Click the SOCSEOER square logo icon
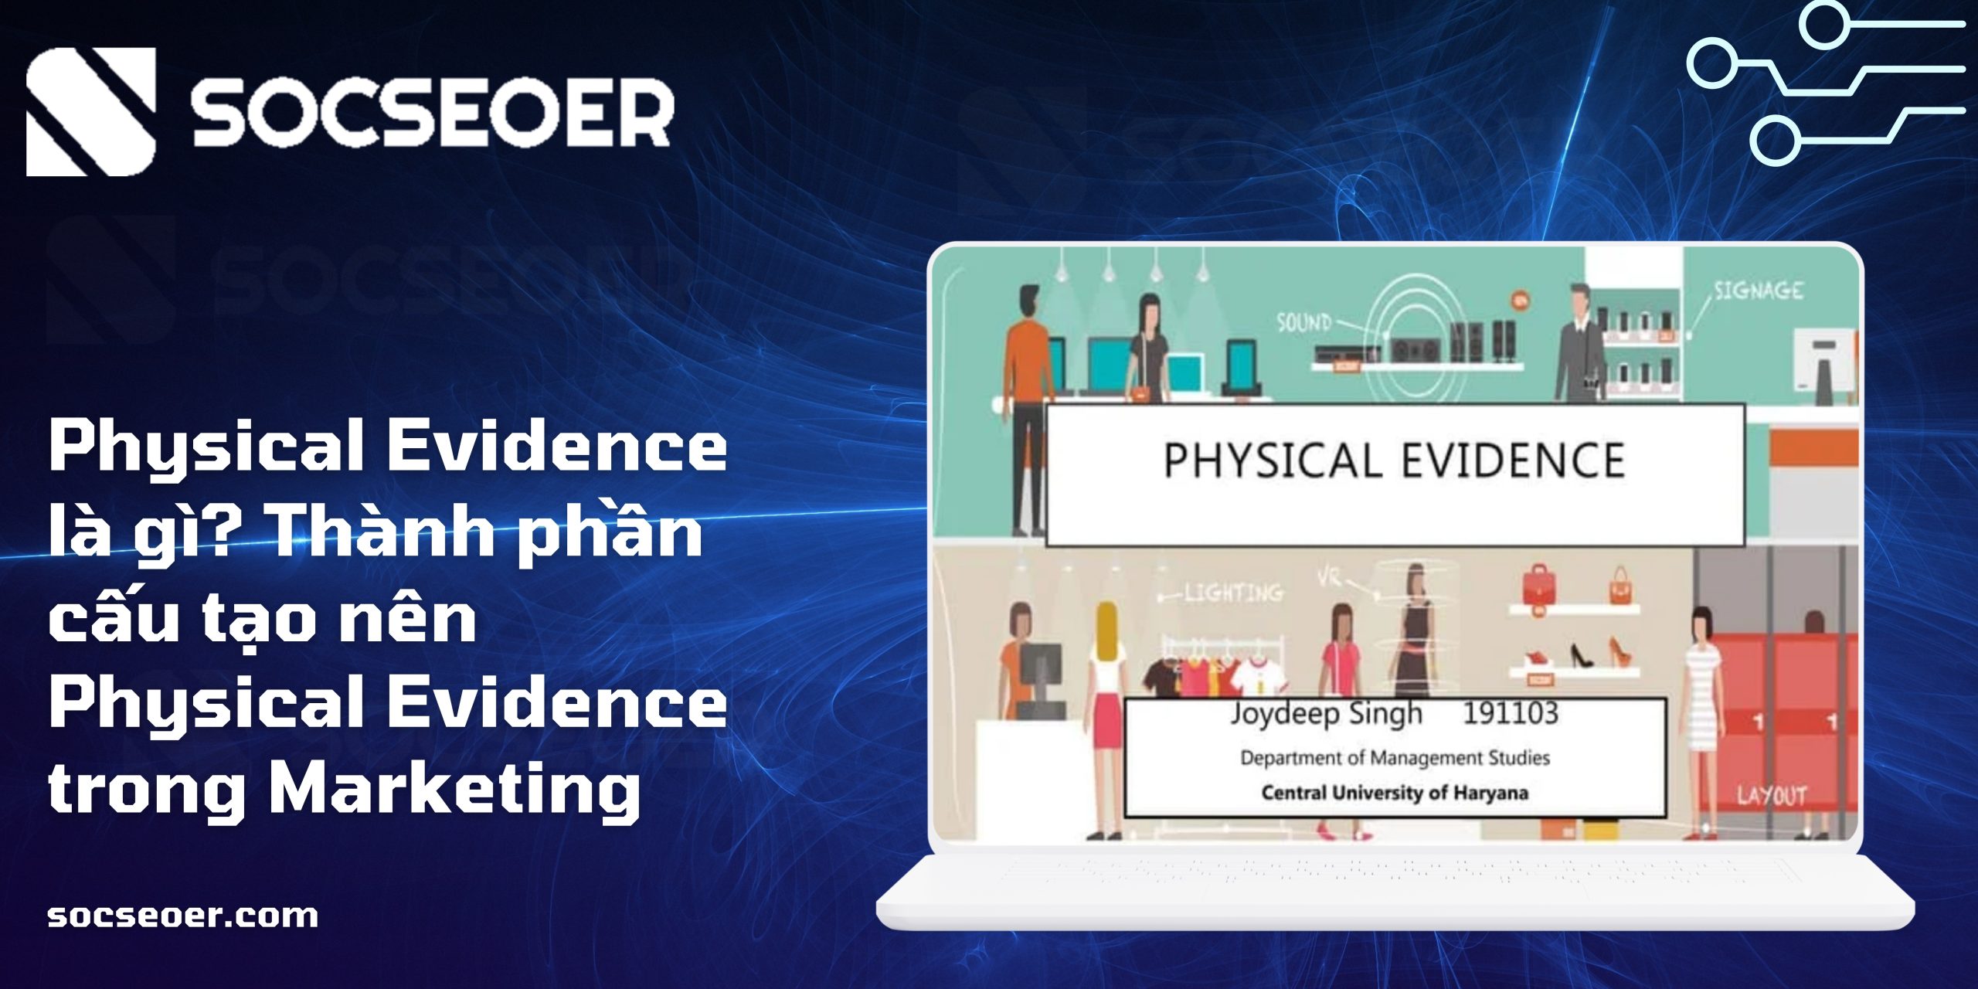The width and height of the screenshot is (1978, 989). click(91, 112)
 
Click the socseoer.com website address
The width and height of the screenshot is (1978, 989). click(183, 916)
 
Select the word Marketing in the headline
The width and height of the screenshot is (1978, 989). click(454, 788)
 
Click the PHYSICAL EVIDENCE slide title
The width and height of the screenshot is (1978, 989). click(1395, 461)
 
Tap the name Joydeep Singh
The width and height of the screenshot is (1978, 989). click(1326, 714)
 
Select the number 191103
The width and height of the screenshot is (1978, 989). click(1511, 712)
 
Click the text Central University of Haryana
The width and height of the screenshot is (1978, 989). click(1395, 793)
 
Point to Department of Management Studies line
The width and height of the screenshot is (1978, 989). click(1395, 758)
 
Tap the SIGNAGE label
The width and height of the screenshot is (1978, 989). click(1759, 291)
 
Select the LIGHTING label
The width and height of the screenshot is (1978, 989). click(1234, 593)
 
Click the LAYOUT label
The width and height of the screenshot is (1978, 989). click(1772, 796)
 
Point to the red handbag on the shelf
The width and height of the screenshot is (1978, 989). click(1537, 585)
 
